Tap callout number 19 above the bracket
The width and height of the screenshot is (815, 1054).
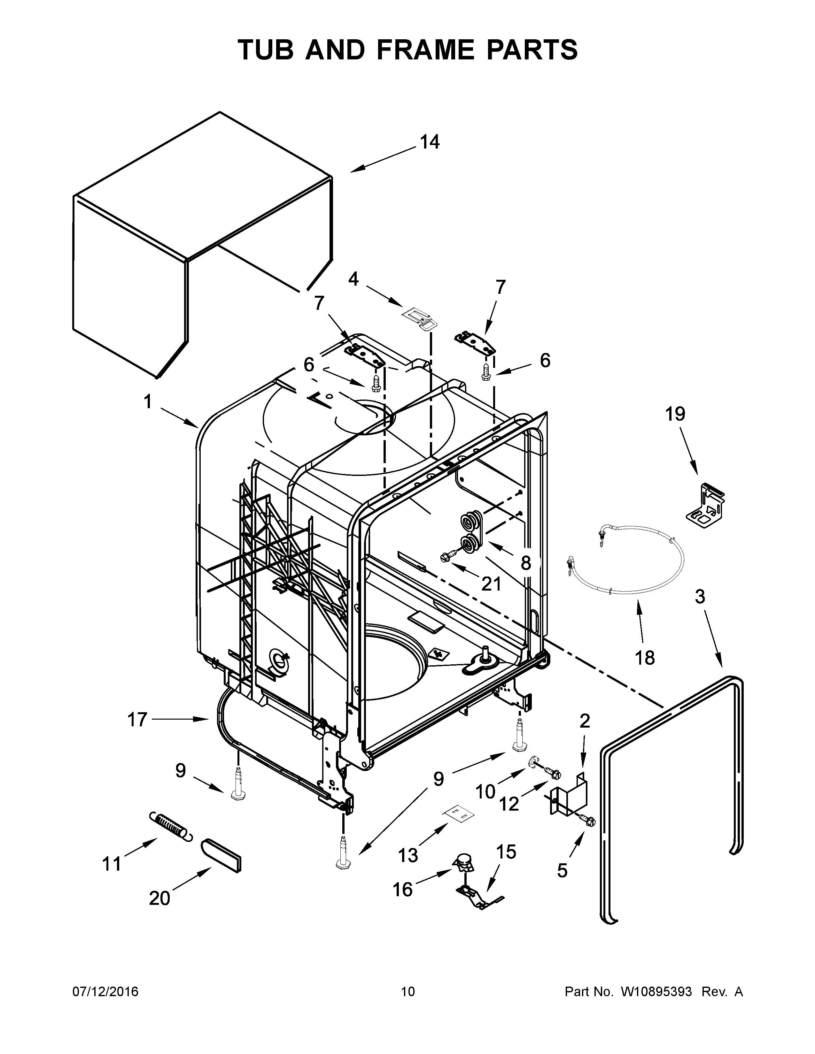(675, 414)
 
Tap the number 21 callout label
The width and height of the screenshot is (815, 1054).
(492, 584)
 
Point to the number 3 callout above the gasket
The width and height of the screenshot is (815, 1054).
(700, 597)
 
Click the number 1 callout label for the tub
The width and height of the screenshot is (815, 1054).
(147, 401)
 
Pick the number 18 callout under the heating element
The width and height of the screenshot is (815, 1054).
(645, 657)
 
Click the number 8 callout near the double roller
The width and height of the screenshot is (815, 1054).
(526, 563)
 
